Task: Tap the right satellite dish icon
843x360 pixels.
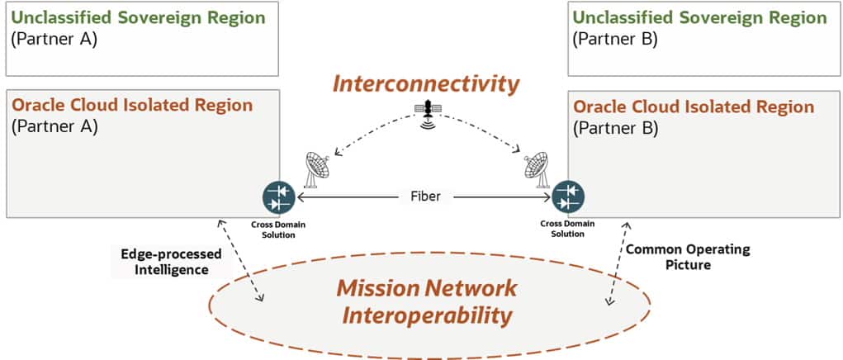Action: point(537,168)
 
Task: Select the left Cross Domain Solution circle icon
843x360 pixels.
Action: point(279,198)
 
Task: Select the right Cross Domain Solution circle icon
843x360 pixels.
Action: point(567,198)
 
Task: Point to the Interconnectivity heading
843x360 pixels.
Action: point(426,83)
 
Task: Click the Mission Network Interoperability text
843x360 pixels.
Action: point(425,301)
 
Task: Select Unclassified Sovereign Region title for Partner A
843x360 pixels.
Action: point(138,17)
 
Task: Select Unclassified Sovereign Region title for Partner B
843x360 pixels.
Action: point(699,17)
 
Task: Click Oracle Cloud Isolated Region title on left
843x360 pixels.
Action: point(132,107)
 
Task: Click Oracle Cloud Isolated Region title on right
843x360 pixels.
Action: point(694,107)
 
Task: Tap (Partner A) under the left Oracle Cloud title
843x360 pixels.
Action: point(54,127)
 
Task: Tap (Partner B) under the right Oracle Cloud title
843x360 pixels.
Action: point(615,128)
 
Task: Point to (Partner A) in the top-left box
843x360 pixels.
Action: point(54,39)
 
